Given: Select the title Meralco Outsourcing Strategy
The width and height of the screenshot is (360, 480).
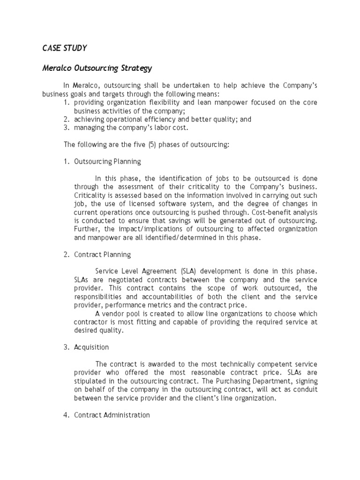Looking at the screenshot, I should (x=97, y=68).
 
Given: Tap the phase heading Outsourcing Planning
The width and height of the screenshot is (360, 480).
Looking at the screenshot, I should (x=107, y=162).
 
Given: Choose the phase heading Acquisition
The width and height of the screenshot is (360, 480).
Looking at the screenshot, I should (x=91, y=347).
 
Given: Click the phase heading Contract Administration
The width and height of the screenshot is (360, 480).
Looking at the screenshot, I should (x=112, y=415).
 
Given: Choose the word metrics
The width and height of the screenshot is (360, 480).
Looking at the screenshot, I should (x=156, y=305).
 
